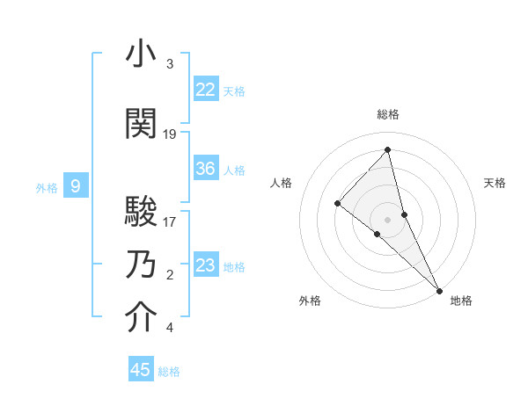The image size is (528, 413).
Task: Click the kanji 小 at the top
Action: (x=141, y=54)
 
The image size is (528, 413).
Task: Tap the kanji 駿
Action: (x=141, y=212)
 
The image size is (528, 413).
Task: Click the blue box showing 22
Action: (x=205, y=90)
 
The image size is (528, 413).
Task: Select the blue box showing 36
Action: (x=205, y=169)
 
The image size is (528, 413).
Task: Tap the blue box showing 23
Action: (x=205, y=265)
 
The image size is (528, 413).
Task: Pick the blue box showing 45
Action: (x=141, y=370)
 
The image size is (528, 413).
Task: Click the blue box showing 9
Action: (x=76, y=186)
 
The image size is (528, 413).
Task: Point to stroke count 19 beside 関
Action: (x=171, y=134)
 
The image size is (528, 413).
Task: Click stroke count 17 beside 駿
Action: (x=171, y=222)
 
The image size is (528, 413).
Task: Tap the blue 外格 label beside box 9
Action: (x=47, y=187)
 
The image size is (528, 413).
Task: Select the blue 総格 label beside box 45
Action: (x=169, y=372)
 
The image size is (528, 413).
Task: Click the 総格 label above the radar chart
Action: (x=388, y=114)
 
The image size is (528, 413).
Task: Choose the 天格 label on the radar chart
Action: (x=495, y=183)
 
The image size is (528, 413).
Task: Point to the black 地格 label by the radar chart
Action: (x=461, y=301)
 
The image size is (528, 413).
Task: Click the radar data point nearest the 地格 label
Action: (x=438, y=289)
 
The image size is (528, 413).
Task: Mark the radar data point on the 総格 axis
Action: (x=388, y=149)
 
